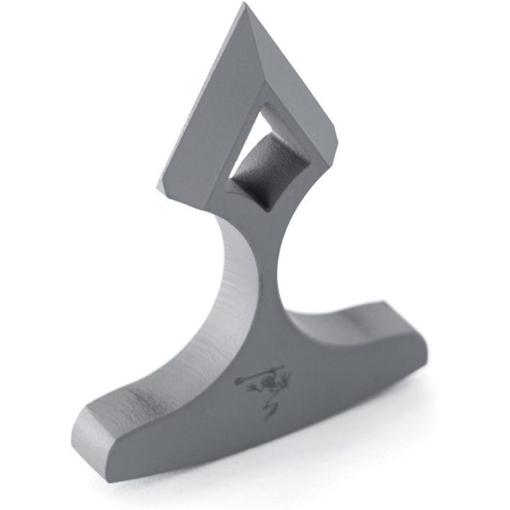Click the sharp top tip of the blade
246,7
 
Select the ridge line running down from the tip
255,51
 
